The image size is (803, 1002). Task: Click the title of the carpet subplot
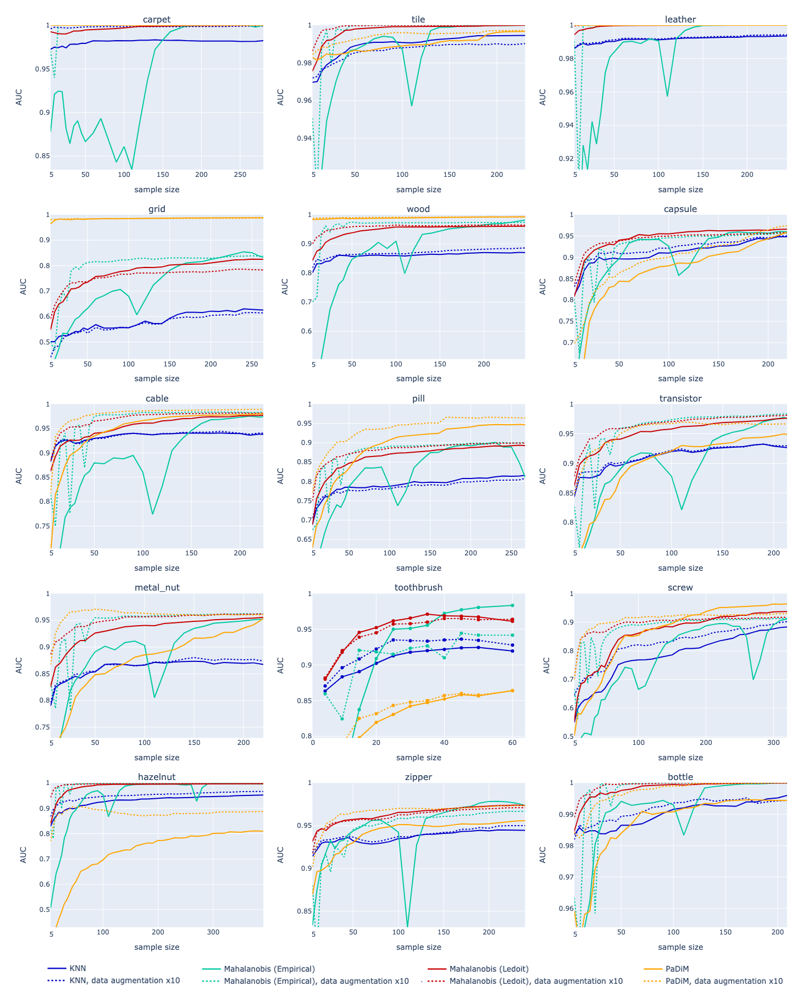coord(157,19)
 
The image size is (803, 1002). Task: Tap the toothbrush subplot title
coord(418,587)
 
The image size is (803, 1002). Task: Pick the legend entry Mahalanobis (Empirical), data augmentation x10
coord(316,981)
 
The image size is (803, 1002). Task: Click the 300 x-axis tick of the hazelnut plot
coord(213,932)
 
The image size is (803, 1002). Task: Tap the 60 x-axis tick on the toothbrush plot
coord(512,743)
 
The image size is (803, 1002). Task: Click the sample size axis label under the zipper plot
coord(418,947)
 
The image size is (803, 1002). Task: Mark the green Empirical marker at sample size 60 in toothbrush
coord(512,605)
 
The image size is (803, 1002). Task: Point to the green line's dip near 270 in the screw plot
coord(753,679)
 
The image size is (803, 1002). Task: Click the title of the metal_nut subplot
coord(157,587)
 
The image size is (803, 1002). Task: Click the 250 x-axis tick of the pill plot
coord(511,553)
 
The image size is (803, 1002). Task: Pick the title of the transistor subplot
coord(680,398)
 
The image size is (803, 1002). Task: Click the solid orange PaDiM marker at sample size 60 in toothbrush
coord(512,691)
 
